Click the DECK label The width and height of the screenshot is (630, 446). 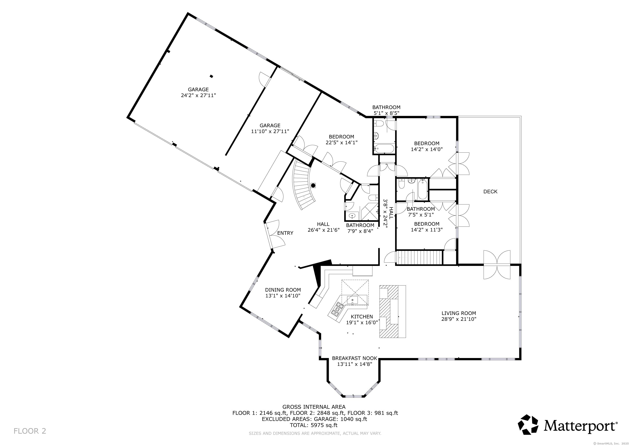(x=490, y=192)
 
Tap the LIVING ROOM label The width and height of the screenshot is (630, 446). (x=459, y=313)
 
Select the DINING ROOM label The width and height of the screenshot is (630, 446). (x=283, y=290)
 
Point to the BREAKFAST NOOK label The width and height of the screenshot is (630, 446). (x=355, y=358)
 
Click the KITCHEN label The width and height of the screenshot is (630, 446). (x=362, y=317)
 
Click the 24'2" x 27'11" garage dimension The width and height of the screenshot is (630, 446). (x=198, y=96)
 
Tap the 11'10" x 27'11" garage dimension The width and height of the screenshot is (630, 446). (x=270, y=132)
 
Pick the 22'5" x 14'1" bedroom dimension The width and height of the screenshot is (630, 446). (x=342, y=143)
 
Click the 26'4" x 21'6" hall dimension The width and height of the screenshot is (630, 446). (x=324, y=230)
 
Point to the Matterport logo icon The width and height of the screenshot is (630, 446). (x=528, y=425)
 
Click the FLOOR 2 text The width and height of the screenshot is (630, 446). (x=30, y=431)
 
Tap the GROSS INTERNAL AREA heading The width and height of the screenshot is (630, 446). (x=314, y=407)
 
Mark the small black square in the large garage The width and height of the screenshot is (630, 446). (x=211, y=76)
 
